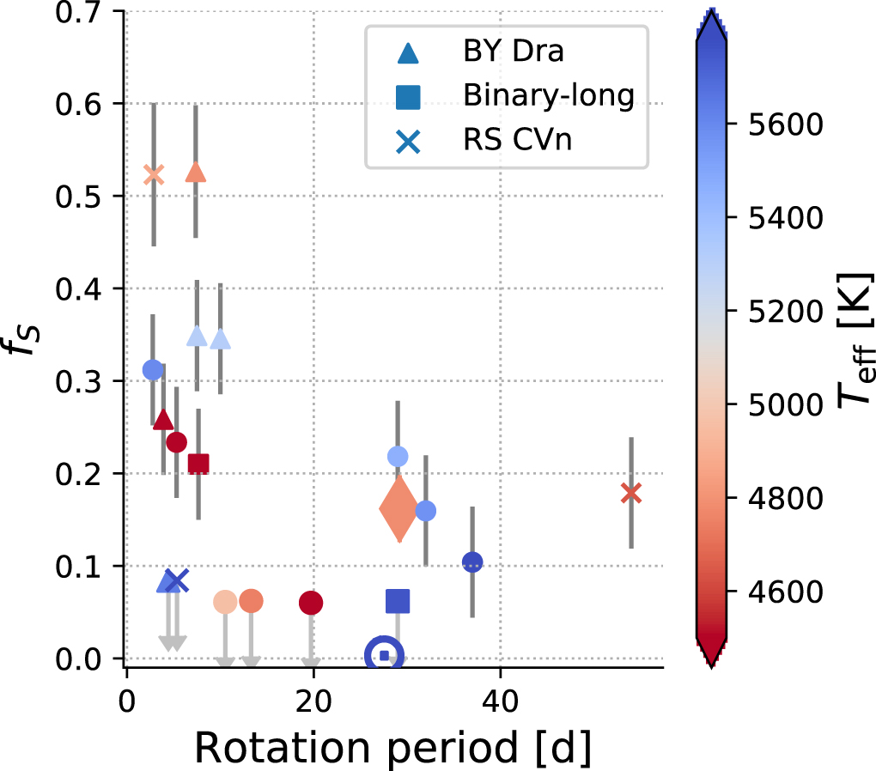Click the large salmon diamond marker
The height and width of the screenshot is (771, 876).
click(398, 509)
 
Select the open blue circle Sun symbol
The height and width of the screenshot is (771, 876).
click(384, 655)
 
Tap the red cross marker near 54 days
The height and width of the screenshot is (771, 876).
click(631, 493)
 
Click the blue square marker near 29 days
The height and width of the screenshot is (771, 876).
click(398, 601)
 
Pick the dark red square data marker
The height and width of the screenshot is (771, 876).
click(198, 464)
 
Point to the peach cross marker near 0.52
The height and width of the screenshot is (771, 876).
click(153, 174)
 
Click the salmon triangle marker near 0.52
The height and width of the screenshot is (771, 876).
click(196, 173)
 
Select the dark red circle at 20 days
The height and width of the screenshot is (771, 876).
click(311, 603)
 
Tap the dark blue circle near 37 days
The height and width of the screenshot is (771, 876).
click(472, 562)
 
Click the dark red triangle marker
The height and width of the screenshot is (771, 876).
click(163, 420)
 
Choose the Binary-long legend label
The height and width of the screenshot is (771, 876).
click(548, 95)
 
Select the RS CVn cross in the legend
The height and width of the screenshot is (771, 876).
click(409, 140)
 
